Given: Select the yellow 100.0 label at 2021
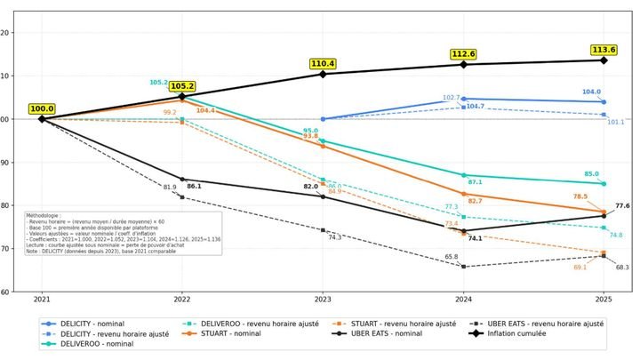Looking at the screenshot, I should pos(41,108).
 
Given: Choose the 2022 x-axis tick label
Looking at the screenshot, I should pos(181,300).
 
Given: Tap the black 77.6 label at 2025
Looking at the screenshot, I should pos(622,205).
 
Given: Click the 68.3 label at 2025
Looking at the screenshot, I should pos(622,267).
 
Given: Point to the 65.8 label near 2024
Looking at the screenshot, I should pos(452,257).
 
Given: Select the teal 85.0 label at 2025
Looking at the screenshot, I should pos(591,174).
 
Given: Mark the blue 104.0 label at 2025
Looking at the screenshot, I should pos(591,92).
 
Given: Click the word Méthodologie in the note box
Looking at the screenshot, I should pos(44,214).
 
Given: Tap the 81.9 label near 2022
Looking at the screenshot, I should pos(170,188).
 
